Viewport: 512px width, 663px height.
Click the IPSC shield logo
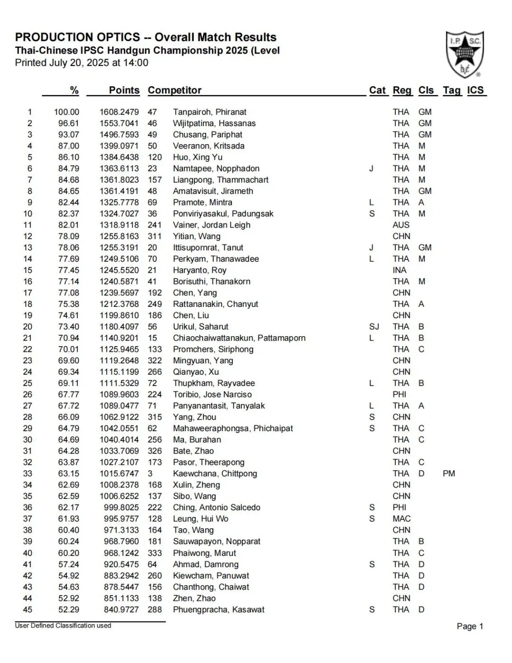point(464,54)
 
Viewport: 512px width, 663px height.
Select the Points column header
point(124,90)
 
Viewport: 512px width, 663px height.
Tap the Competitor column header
point(174,90)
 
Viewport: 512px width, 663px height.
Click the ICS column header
point(475,90)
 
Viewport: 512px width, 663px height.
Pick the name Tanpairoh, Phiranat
point(210,112)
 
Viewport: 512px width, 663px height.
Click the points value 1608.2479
point(119,112)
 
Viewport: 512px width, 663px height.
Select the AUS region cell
point(401,225)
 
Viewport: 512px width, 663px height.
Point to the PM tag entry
point(448,473)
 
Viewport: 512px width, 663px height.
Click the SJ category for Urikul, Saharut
point(374,327)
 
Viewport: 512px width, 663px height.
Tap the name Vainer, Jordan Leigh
point(211,225)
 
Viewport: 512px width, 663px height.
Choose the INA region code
point(399,270)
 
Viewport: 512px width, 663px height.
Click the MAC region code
point(401,519)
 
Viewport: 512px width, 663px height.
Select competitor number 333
point(155,553)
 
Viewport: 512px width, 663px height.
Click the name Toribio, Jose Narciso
point(212,395)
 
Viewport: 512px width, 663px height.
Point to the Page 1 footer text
point(470,626)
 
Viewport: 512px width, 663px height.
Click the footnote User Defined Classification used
point(63,626)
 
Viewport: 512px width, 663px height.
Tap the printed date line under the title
point(82,63)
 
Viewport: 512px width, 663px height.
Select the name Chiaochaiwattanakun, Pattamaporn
point(239,338)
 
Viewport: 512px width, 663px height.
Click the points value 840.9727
point(121,609)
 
